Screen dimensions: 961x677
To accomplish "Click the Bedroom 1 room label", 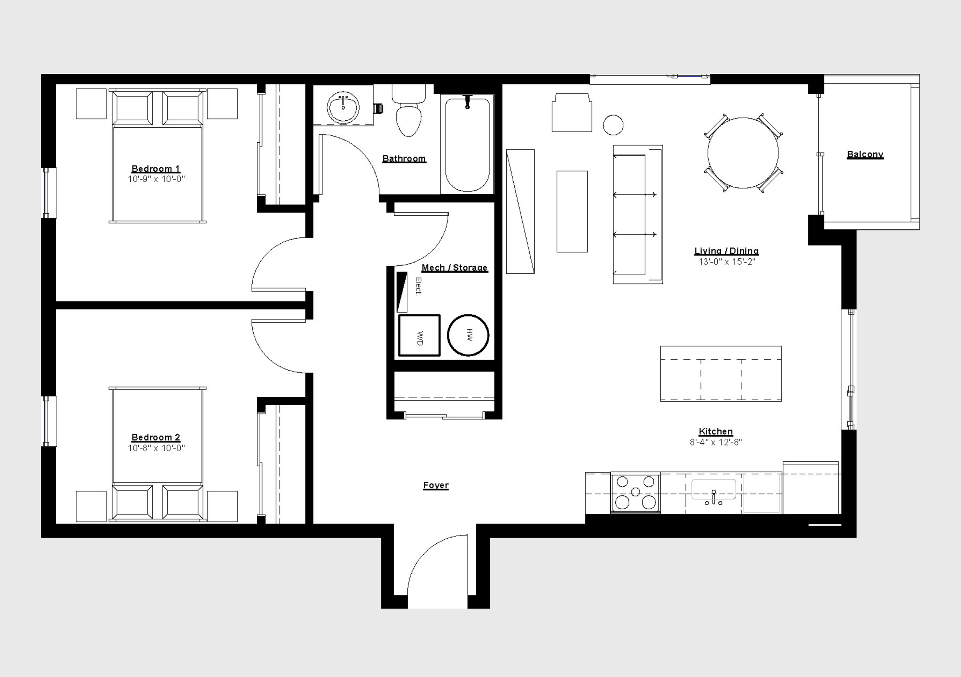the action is coord(156,169).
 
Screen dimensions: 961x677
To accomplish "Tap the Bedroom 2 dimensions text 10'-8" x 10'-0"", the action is coord(156,448).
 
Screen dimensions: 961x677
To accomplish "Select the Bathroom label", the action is coord(404,159).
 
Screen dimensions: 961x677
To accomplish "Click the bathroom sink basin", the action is coord(343,107).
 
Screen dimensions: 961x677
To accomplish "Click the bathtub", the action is coord(467,144).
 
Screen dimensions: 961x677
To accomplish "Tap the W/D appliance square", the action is coord(419,335).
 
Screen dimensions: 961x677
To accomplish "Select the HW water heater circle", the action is coord(468,335).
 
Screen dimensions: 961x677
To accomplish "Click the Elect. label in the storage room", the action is coord(418,286).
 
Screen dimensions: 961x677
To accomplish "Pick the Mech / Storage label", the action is coord(454,268).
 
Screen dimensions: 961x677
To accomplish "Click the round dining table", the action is coord(743,153).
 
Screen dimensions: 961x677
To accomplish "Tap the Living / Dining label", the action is coord(727,251).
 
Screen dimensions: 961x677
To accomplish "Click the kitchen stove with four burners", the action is coord(635,493).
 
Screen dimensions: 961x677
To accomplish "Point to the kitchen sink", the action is coord(713,490).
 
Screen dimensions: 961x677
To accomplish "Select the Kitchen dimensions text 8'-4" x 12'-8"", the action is coord(716,442).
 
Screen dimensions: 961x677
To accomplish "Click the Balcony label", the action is coord(865,154).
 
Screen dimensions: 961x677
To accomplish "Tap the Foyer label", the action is coord(436,485).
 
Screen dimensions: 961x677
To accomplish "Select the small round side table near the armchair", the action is coord(613,125).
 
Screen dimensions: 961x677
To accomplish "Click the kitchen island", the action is coord(721,373).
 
